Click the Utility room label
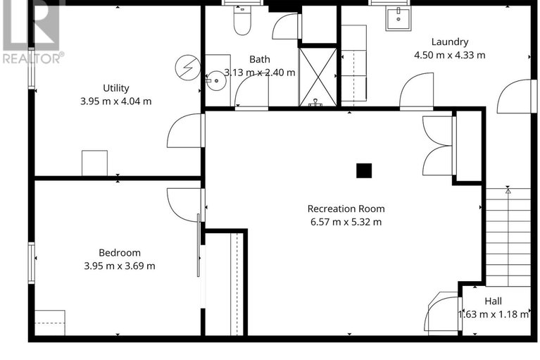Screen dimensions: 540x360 pyautogui.click(x=116, y=88)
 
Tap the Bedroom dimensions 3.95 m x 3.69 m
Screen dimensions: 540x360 pyautogui.click(x=120, y=266)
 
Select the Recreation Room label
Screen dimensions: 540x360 pyautogui.click(x=346, y=209)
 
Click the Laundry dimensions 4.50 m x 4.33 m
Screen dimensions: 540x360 pyautogui.click(x=450, y=55)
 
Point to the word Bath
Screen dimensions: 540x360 pyautogui.click(x=260, y=59)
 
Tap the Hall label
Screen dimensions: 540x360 pyautogui.click(x=493, y=301)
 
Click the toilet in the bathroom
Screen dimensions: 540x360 pyautogui.click(x=242, y=20)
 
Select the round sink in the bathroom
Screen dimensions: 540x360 pyautogui.click(x=216, y=80)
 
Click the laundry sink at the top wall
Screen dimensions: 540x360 pyautogui.click(x=398, y=18)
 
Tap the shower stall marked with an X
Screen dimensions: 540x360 pyautogui.click(x=318, y=77)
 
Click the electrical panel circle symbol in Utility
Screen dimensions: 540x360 pyautogui.click(x=188, y=68)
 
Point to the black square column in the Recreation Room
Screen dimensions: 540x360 pyautogui.click(x=364, y=170)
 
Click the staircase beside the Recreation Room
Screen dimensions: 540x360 pyautogui.click(x=508, y=237)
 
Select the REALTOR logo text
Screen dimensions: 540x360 pyautogui.click(x=33, y=58)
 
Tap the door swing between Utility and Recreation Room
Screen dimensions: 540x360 pyautogui.click(x=186, y=131)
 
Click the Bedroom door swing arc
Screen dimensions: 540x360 pyautogui.click(x=185, y=205)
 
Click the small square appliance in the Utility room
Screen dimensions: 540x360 pyautogui.click(x=94, y=163)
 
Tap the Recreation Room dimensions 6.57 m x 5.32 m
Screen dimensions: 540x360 pyautogui.click(x=346, y=222)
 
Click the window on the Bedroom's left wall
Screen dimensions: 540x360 pyautogui.click(x=32, y=263)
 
